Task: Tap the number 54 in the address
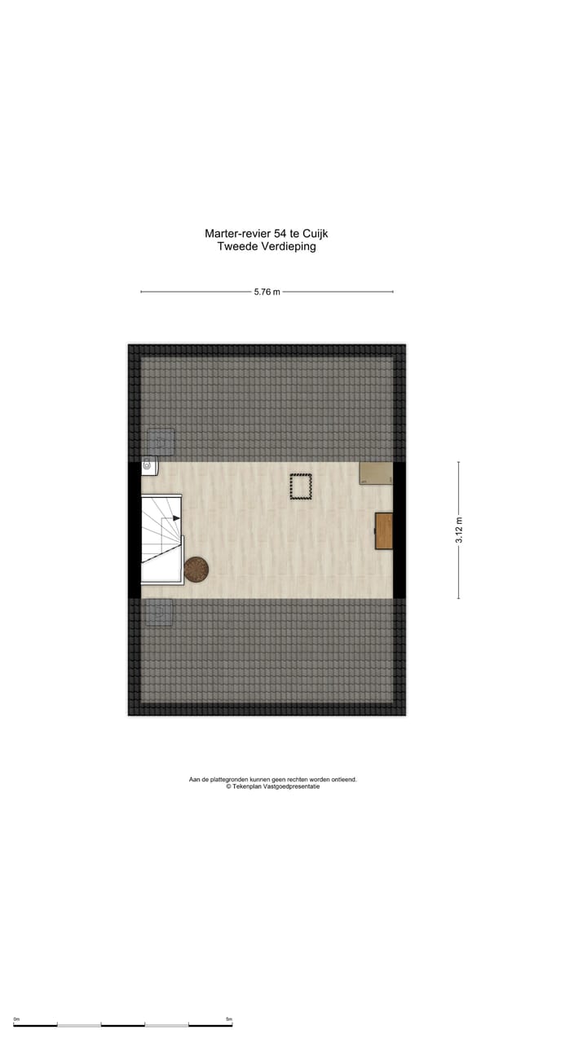tap(281, 234)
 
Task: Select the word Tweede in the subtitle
tap(236, 247)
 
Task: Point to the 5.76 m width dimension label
tap(267, 292)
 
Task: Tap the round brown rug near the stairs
tap(196, 570)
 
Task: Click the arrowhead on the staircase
tap(175, 517)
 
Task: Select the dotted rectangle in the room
tap(301, 486)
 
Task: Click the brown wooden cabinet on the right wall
tap(384, 530)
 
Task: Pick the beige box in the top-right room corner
tap(375, 473)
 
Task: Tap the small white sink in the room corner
tap(149, 466)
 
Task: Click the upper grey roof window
tap(160, 442)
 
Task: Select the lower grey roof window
tap(159, 612)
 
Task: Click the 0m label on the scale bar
tap(16, 1019)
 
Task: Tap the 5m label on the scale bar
tap(228, 1019)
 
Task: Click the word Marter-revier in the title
tap(238, 234)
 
